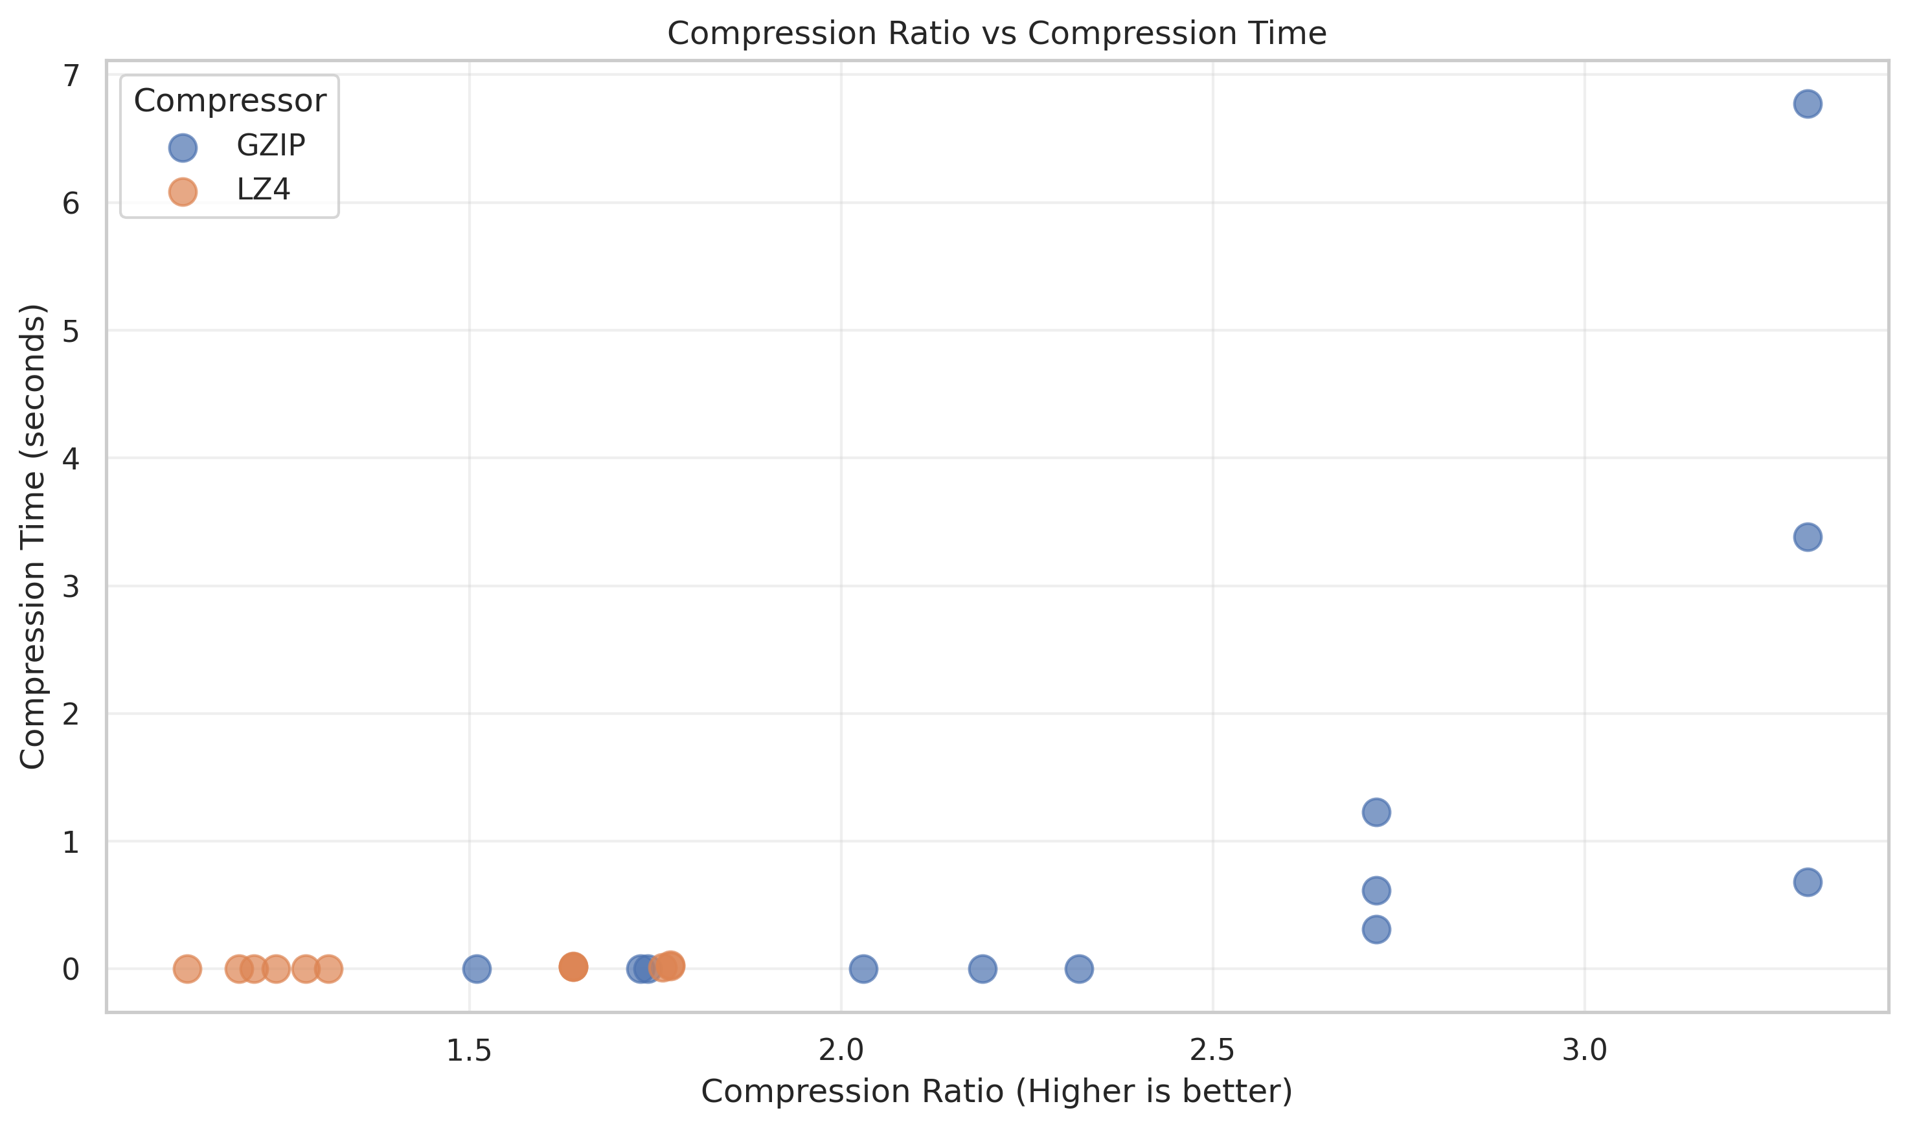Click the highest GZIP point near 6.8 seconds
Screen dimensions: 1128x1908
click(1807, 104)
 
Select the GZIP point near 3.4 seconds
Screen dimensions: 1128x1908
click(1807, 537)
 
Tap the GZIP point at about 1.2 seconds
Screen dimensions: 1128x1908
click(1376, 812)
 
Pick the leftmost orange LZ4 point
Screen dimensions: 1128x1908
click(187, 969)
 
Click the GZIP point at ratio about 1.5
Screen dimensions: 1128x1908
click(477, 969)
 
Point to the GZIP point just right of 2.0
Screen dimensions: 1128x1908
click(863, 969)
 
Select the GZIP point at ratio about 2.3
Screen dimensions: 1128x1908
click(1078, 969)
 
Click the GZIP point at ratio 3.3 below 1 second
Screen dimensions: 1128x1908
click(1807, 883)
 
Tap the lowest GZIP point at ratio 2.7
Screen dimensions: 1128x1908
click(1376, 930)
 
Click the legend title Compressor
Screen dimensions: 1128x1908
click(229, 101)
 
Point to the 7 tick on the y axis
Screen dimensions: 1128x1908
click(71, 75)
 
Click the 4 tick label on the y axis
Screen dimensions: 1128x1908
click(71, 458)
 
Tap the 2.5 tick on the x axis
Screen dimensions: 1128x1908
click(1212, 1050)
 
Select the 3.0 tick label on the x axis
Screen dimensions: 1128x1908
click(1584, 1050)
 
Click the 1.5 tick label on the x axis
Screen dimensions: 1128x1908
click(468, 1050)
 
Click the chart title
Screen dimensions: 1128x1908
click(997, 34)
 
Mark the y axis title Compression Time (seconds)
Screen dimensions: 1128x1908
click(32, 536)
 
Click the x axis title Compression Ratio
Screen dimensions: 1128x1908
click(997, 1092)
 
